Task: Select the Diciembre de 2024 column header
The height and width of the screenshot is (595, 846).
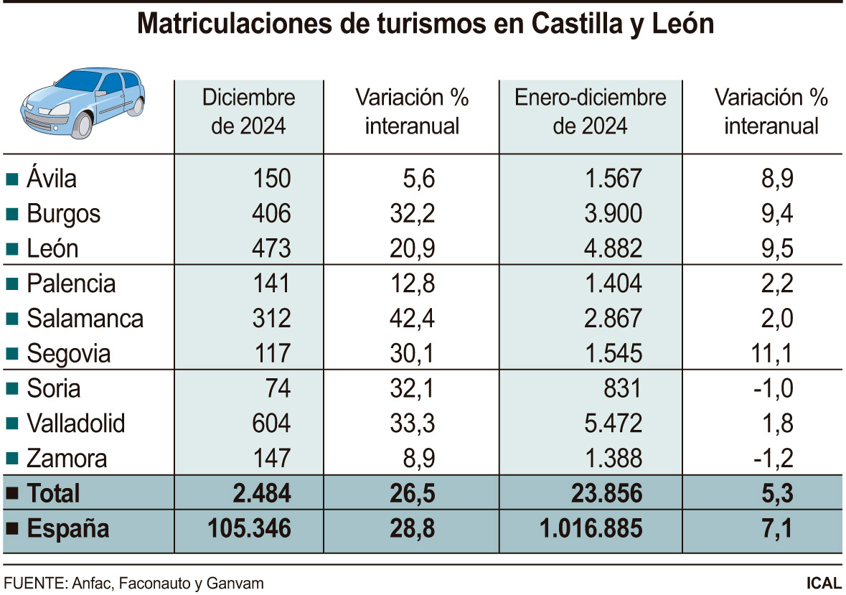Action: pyautogui.click(x=248, y=112)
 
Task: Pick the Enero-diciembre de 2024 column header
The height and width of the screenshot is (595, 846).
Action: pyautogui.click(x=590, y=112)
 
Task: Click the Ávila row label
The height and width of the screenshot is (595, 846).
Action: pyautogui.click(x=51, y=178)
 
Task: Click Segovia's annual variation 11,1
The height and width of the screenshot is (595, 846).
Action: pyautogui.click(x=773, y=353)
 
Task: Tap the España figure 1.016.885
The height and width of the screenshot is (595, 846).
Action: pyautogui.click(x=589, y=529)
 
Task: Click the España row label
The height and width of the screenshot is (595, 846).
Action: pyautogui.click(x=68, y=529)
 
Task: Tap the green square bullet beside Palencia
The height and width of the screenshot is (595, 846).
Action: pyautogui.click(x=11, y=284)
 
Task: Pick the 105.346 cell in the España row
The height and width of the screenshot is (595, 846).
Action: pyautogui.click(x=248, y=529)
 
